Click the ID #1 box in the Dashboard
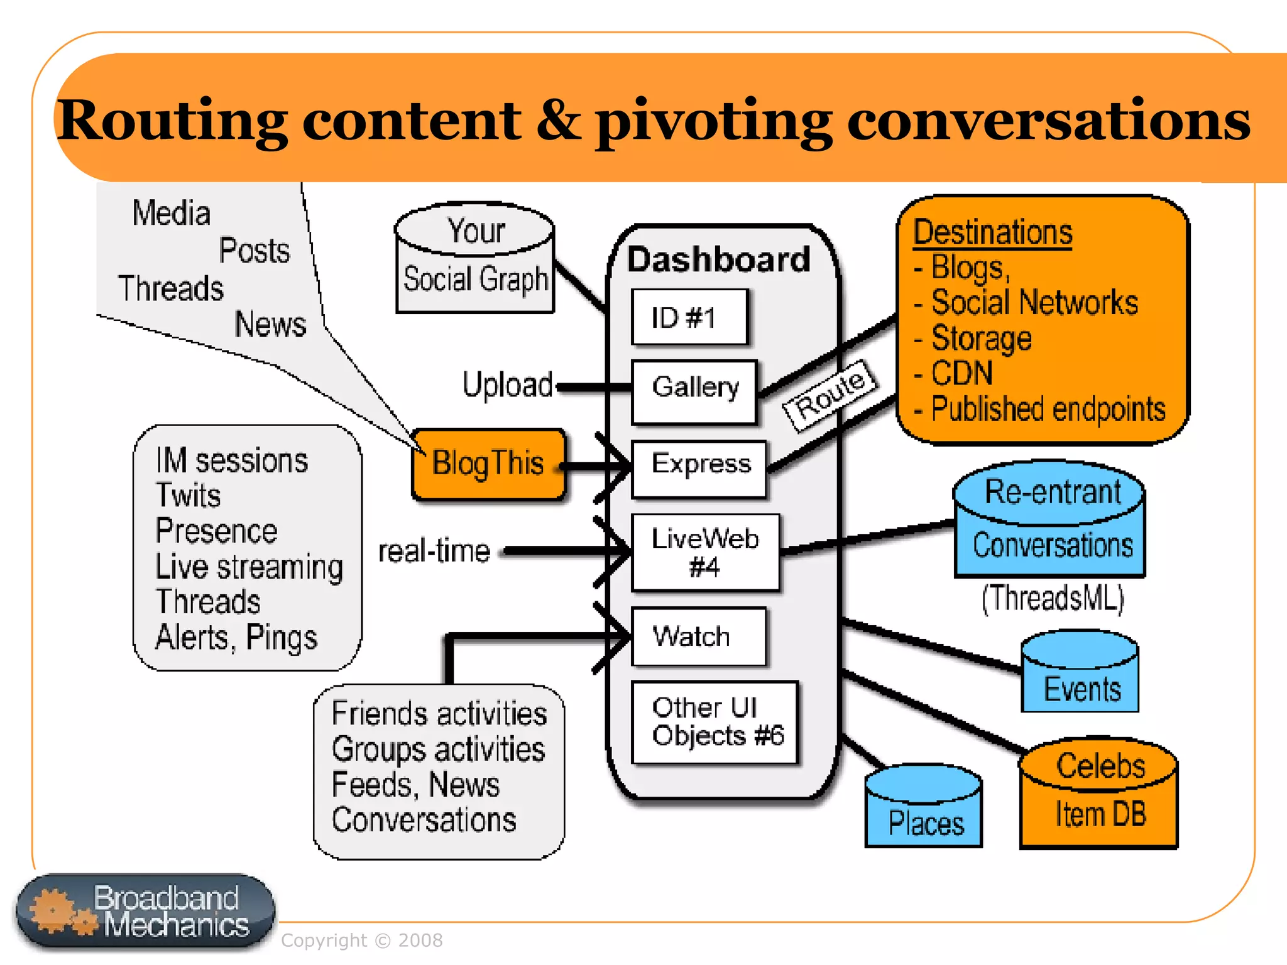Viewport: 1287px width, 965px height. click(x=689, y=317)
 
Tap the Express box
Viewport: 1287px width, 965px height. click(x=699, y=469)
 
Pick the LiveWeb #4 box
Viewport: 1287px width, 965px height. click(x=705, y=552)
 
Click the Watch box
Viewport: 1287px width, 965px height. click(x=698, y=636)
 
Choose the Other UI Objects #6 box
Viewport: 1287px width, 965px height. click(x=715, y=722)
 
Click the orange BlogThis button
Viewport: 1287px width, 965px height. click(x=488, y=464)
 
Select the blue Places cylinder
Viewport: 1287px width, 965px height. click(x=923, y=807)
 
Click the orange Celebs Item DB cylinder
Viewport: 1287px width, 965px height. click(x=1099, y=794)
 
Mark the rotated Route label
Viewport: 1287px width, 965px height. click(x=829, y=396)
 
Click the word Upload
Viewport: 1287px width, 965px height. click(x=507, y=384)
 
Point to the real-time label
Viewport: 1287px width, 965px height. click(x=434, y=551)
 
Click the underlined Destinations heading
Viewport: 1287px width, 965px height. click(x=992, y=232)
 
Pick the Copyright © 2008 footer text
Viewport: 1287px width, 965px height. click(x=361, y=940)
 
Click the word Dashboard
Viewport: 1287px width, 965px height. click(x=719, y=259)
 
